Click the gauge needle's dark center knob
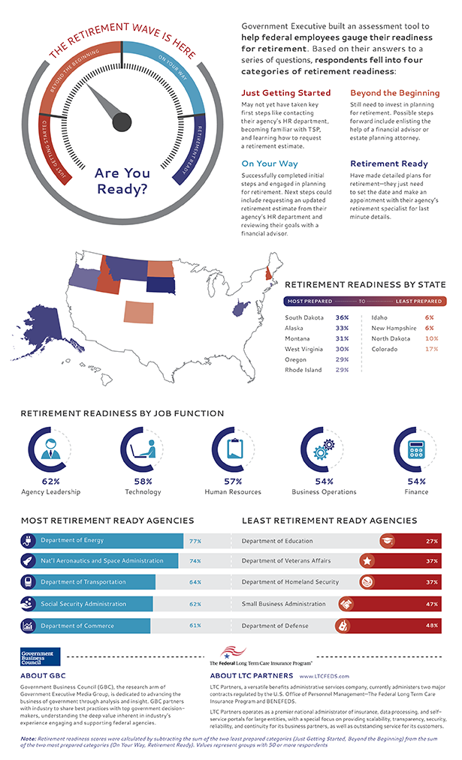(122, 122)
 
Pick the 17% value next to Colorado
(431, 349)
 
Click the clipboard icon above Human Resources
(233, 449)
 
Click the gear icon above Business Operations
(324, 449)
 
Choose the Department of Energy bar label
(72, 540)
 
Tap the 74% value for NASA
(195, 561)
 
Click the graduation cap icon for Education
(386, 540)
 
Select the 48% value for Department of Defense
(432, 625)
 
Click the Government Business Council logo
(41, 656)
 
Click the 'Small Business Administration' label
(284, 603)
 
